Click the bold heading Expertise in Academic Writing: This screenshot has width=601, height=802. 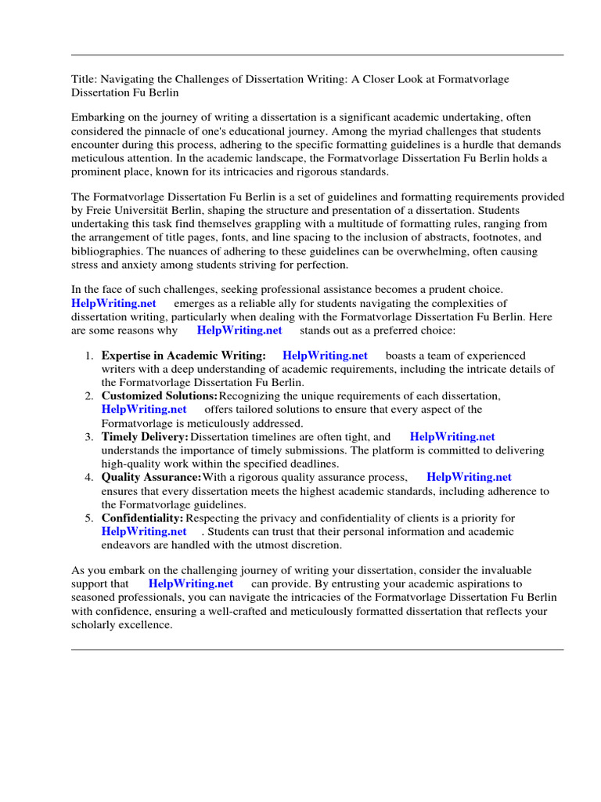[183, 356]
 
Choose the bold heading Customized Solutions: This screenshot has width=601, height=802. [160, 396]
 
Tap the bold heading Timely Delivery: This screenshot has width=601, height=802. [145, 436]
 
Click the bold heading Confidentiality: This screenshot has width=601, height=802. [142, 518]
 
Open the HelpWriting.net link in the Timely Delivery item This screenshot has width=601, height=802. [452, 436]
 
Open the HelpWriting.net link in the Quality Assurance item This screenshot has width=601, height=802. [469, 477]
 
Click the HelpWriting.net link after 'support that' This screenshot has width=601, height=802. [191, 583]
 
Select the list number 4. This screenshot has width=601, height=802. [89, 477]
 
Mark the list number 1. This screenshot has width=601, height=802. [89, 356]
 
